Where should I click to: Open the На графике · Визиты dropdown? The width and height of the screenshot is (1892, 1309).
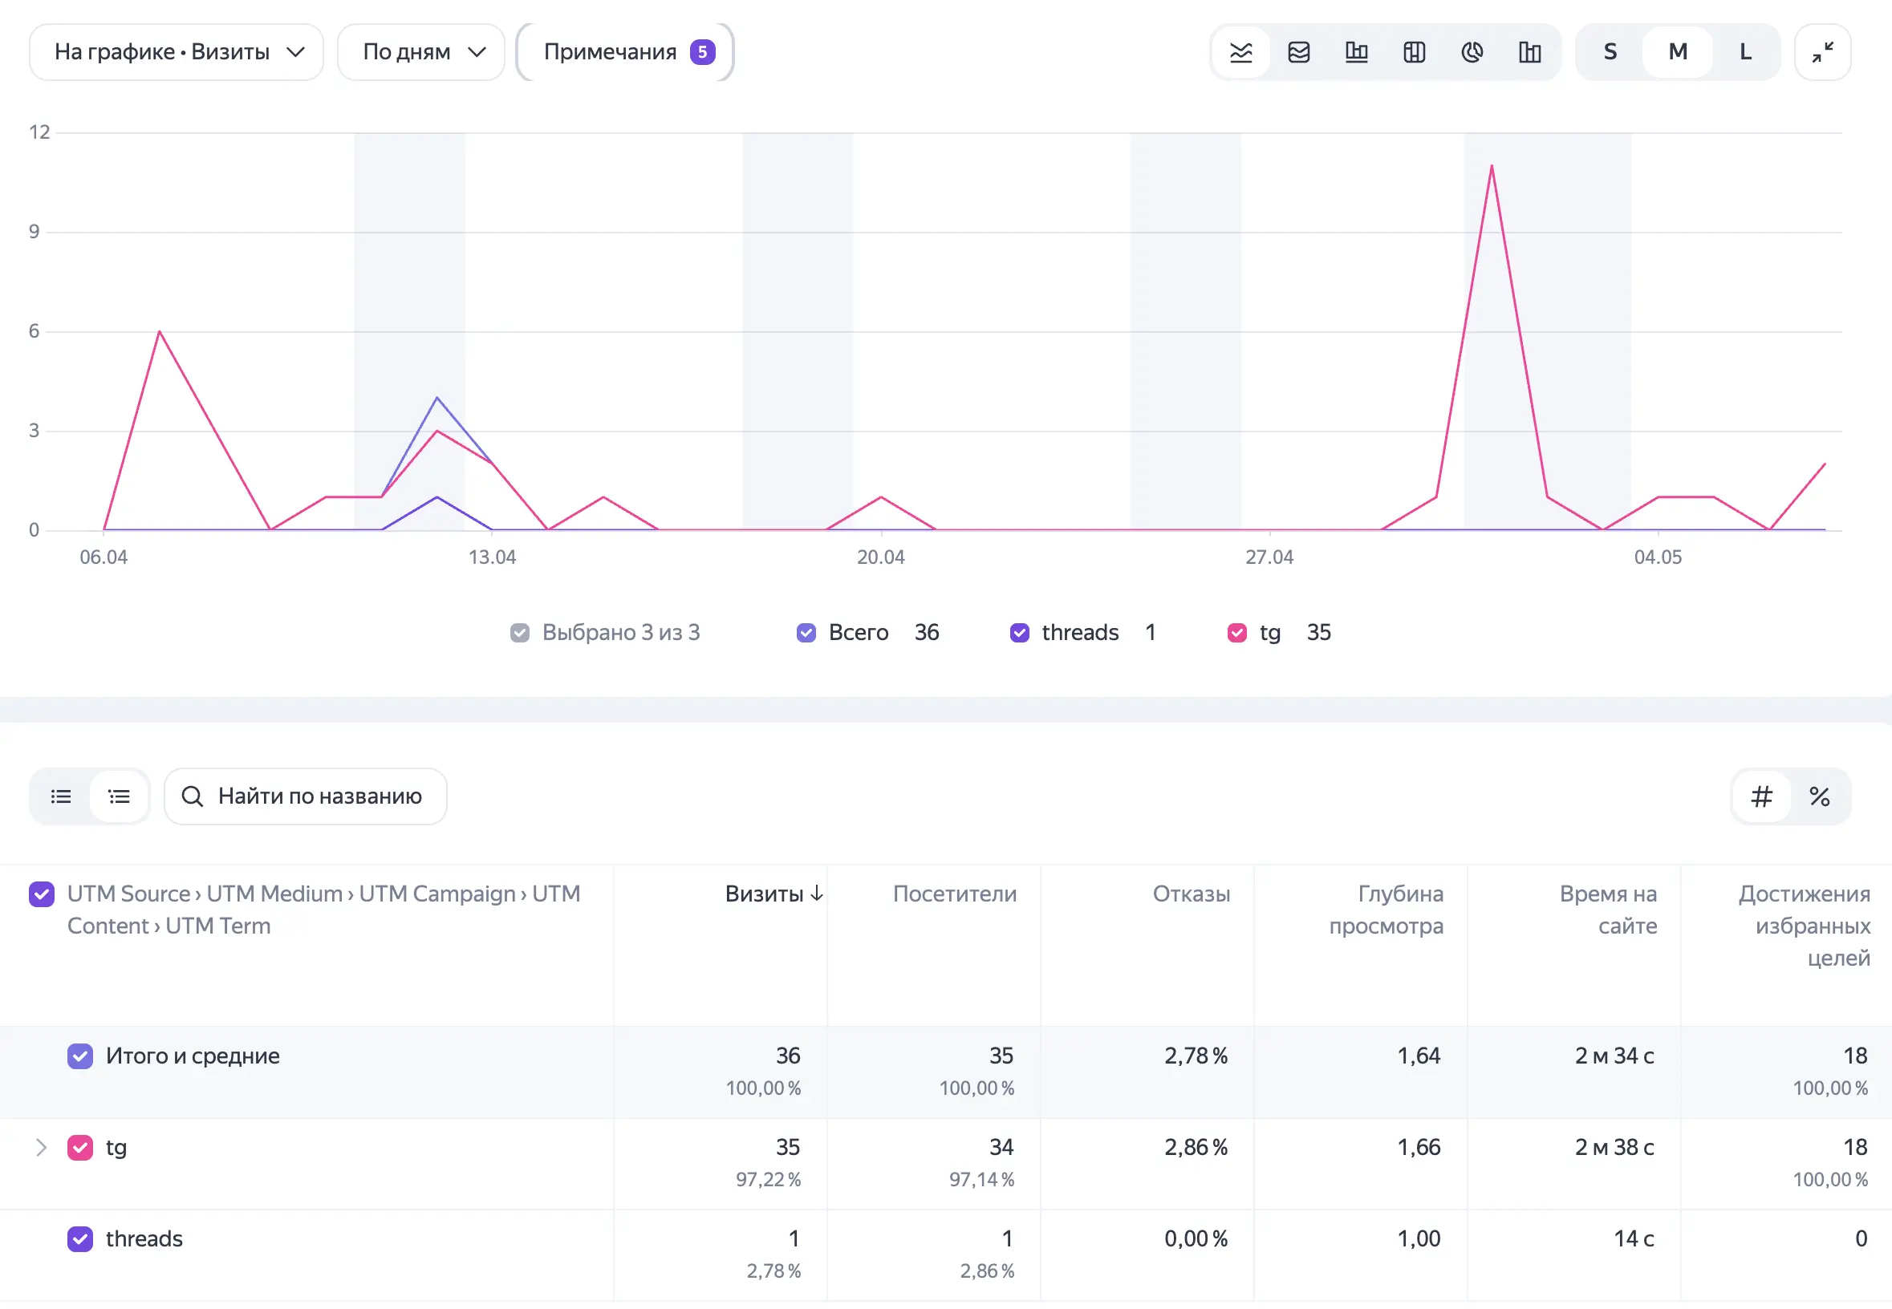click(177, 51)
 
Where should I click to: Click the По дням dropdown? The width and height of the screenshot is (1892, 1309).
click(421, 51)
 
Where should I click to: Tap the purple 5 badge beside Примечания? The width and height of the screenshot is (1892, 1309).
click(702, 51)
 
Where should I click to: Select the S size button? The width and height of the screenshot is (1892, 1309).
click(1610, 51)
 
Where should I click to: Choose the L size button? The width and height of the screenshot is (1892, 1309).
click(1745, 51)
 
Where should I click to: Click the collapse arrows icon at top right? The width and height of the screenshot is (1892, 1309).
click(1822, 51)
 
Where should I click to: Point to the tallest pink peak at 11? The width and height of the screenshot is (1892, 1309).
click(1492, 166)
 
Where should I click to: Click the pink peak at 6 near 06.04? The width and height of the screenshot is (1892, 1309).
click(159, 331)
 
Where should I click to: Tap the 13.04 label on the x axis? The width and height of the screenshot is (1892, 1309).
click(493, 557)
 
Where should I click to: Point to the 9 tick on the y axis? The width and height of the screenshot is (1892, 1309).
click(34, 231)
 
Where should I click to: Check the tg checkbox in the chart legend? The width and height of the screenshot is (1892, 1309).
click(1236, 632)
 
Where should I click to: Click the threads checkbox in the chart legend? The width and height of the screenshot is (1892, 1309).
click(1019, 632)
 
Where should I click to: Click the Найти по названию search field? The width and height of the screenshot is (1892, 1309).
click(305, 796)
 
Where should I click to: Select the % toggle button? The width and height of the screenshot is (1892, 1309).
click(1819, 796)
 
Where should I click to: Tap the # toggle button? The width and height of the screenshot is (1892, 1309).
click(1761, 796)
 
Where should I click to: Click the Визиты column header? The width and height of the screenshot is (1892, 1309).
click(773, 894)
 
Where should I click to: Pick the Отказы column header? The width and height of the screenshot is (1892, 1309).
click(1192, 894)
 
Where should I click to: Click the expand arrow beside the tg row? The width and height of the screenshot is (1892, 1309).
click(41, 1147)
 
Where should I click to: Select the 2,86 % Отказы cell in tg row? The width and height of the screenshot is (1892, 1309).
click(1196, 1147)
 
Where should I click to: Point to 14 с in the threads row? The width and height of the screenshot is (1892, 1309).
click(1634, 1238)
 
